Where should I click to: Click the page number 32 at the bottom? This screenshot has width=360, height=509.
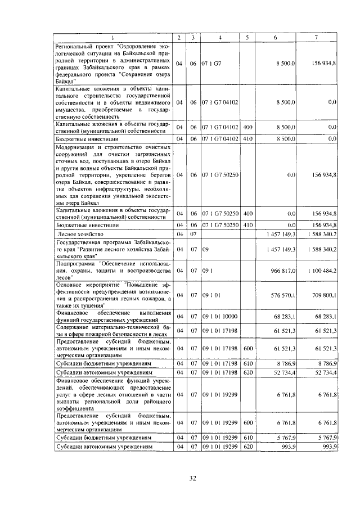[x=192, y=479]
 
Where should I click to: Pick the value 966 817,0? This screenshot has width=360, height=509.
[x=282, y=271]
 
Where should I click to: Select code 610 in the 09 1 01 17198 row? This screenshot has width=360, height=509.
[x=248, y=364]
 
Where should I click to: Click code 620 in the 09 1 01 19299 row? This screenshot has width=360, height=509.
[x=248, y=447]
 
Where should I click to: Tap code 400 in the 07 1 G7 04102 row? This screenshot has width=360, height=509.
[x=248, y=128]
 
